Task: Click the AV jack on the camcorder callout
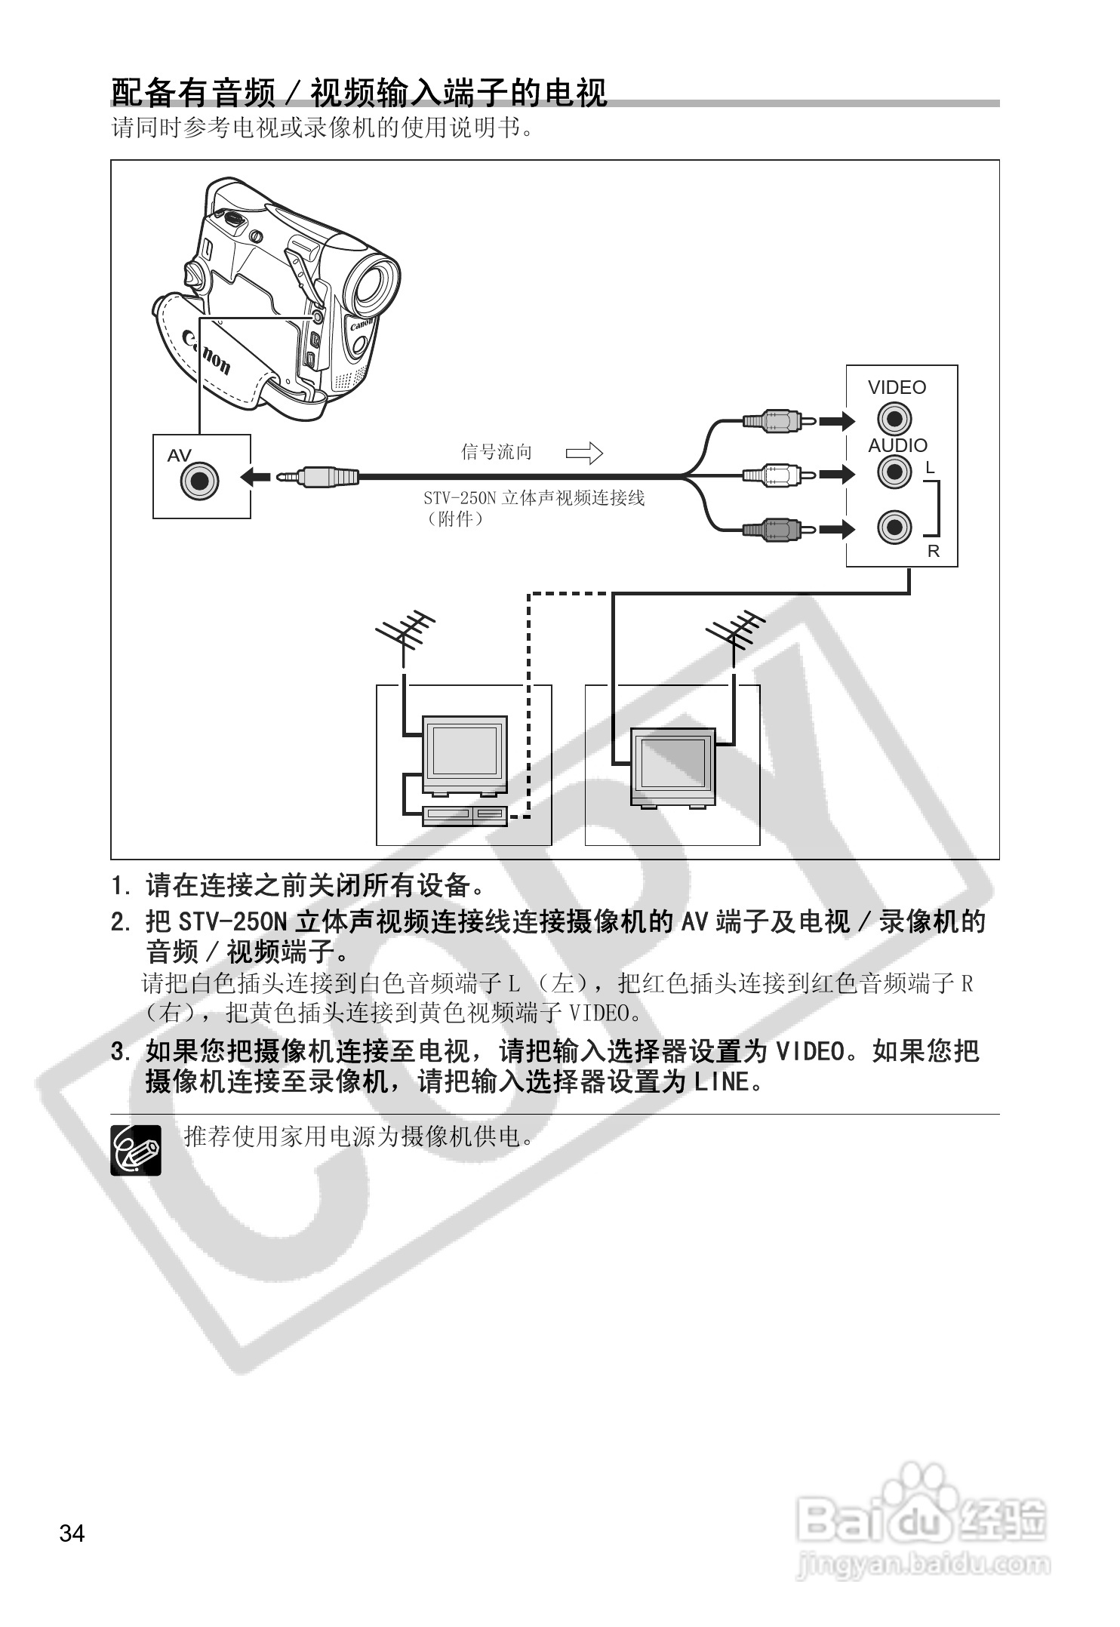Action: point(200,480)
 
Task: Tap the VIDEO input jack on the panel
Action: point(894,419)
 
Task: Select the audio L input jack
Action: point(894,472)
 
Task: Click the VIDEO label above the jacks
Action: point(897,387)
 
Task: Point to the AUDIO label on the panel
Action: point(897,445)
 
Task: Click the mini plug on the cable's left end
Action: point(317,476)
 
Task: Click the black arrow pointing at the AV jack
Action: point(256,476)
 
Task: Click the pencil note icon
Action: point(136,1149)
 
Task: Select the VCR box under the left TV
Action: point(465,815)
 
